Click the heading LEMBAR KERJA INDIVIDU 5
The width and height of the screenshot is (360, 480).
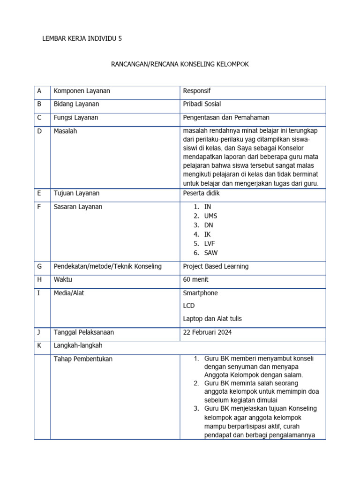click(x=82, y=39)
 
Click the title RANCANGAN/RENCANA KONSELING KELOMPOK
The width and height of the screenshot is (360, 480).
click(x=180, y=64)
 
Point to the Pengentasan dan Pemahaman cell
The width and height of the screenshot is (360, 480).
click(x=226, y=118)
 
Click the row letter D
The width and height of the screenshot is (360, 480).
click(x=40, y=131)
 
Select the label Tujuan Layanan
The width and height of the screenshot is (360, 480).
click(x=76, y=193)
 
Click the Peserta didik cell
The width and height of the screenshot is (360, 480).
click(x=201, y=193)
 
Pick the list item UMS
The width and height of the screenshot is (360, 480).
click(x=210, y=216)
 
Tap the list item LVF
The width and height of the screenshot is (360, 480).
click(x=210, y=244)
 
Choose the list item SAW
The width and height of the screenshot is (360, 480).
click(x=210, y=253)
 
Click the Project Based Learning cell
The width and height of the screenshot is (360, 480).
click(x=216, y=266)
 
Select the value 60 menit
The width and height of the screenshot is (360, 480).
click(x=195, y=280)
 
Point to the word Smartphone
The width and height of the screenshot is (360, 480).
click(x=200, y=293)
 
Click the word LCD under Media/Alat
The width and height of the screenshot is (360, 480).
click(x=188, y=306)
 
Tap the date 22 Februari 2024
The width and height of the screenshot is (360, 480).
click(x=207, y=332)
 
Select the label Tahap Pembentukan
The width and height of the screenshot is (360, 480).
click(x=83, y=359)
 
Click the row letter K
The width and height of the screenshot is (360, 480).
click(x=40, y=345)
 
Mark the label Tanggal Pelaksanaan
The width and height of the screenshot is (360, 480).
click(x=83, y=332)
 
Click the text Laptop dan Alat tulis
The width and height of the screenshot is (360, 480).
click(x=212, y=319)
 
